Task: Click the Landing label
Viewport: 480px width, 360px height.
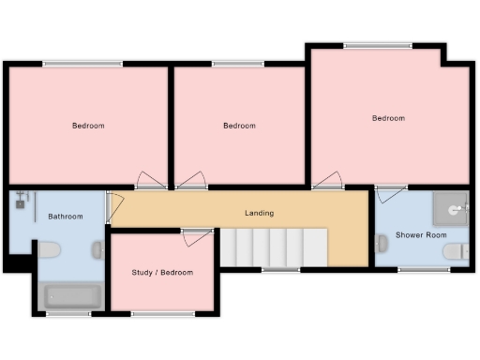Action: coord(260,213)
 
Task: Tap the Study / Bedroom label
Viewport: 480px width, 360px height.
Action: coord(162,273)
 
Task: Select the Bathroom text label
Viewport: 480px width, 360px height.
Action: coord(66,217)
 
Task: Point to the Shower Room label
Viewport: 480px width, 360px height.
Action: coord(421,234)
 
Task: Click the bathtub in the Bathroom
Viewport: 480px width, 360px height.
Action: coord(71,297)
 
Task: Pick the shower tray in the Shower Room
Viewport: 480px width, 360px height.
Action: coord(452,207)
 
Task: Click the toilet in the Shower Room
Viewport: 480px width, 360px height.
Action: coord(457,251)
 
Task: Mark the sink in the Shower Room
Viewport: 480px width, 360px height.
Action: coord(382,244)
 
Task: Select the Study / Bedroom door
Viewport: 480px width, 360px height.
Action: coord(197,237)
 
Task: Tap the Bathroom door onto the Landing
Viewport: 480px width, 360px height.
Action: coord(112,207)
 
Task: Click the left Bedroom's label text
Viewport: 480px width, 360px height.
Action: coord(88,126)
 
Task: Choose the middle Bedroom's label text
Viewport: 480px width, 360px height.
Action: coord(239,126)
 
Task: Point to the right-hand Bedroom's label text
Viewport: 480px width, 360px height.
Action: coord(388,118)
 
